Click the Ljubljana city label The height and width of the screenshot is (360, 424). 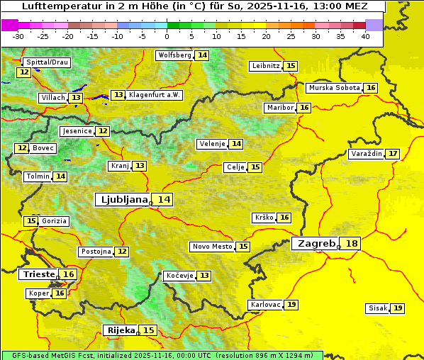[121, 200]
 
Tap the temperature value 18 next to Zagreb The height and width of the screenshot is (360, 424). [352, 244]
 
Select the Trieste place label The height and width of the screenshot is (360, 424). [38, 274]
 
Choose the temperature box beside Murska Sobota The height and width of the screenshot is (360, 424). [371, 88]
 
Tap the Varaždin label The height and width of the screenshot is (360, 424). [366, 154]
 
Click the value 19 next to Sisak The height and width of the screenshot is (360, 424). [398, 308]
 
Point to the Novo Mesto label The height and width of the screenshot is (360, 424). [212, 247]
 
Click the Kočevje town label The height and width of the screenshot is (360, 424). [179, 275]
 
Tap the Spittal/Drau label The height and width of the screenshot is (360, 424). [47, 62]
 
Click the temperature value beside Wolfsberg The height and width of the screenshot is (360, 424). [202, 55]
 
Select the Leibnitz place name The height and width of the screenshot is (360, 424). [266, 66]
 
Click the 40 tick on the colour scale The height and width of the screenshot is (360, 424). [365, 36]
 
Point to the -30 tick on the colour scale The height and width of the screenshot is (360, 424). [18, 36]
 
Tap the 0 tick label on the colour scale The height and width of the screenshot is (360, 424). [167, 36]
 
